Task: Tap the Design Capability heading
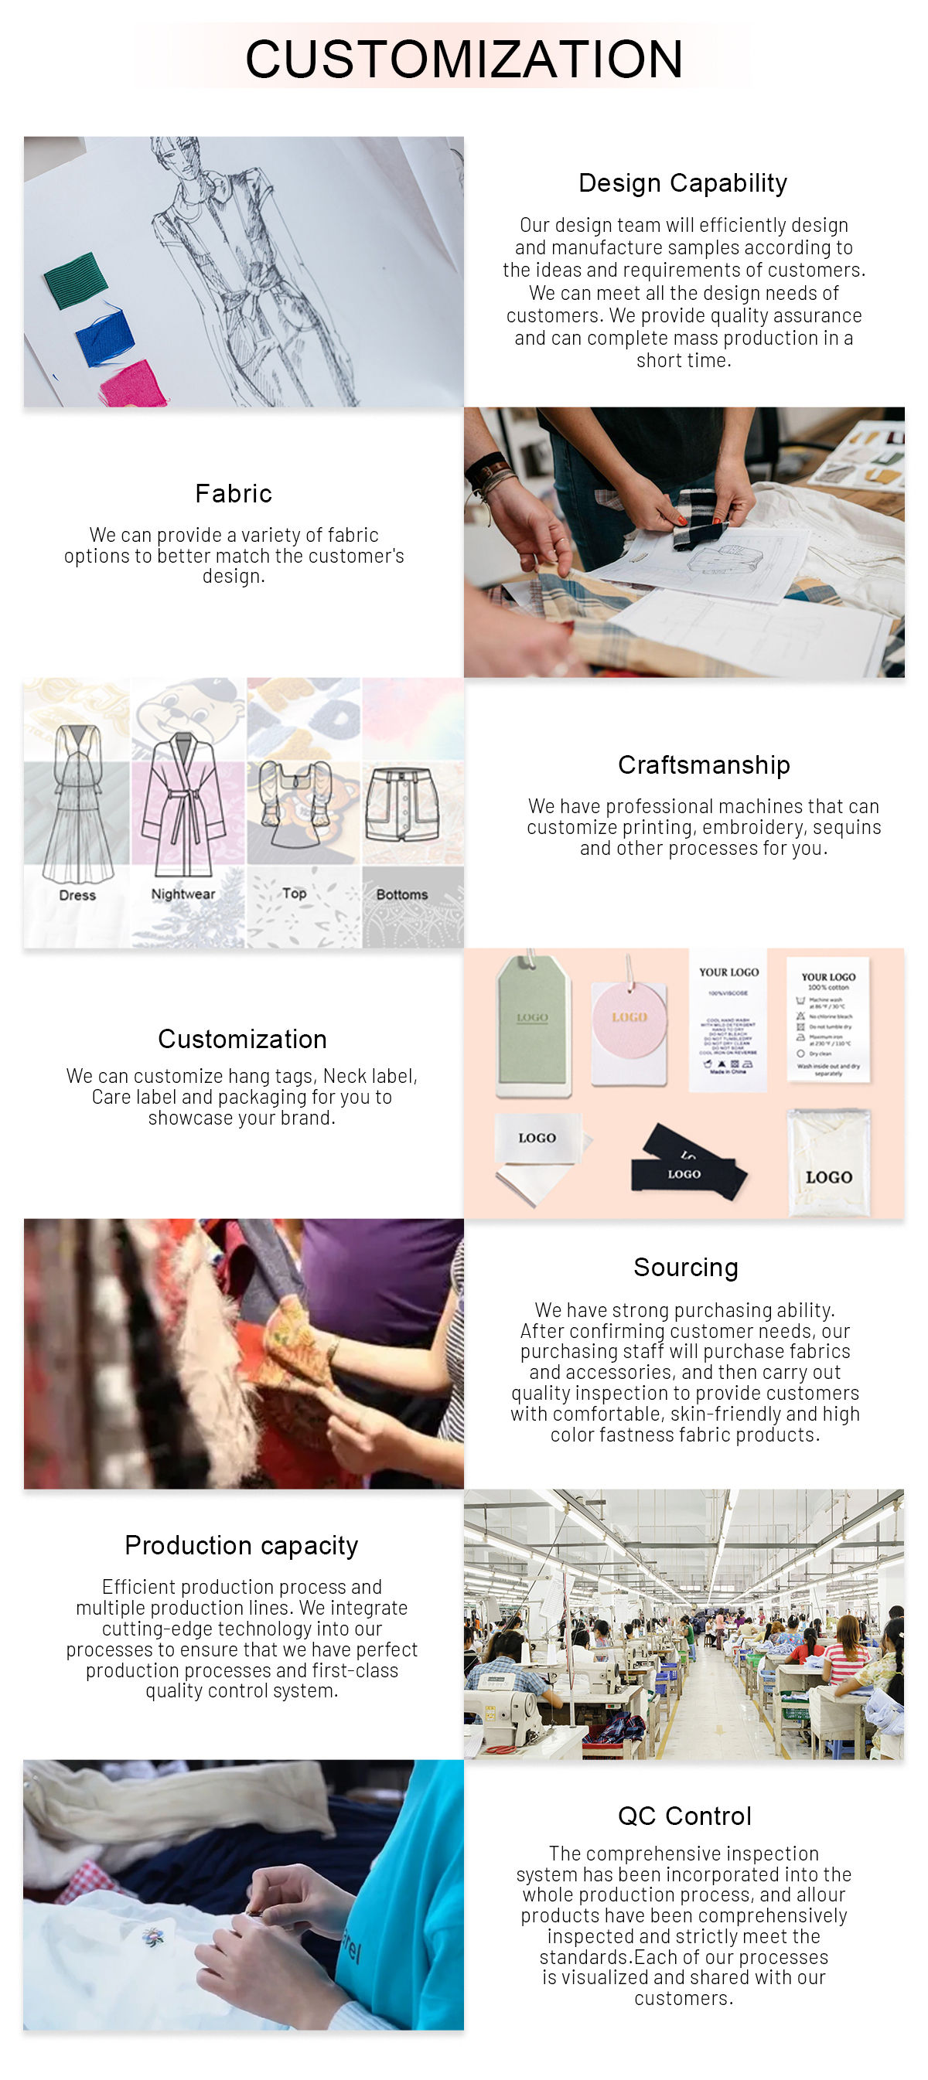point(683,183)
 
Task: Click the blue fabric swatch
point(105,336)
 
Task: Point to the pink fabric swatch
point(133,383)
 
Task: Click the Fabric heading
point(234,493)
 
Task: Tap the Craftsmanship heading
point(704,764)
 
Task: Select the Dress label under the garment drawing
point(77,894)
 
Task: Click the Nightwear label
point(183,894)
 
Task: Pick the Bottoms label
point(401,894)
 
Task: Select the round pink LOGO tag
point(629,1019)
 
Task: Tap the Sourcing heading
point(685,1268)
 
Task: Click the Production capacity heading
point(241,1545)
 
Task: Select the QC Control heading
point(684,1816)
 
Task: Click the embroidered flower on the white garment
point(152,1935)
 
